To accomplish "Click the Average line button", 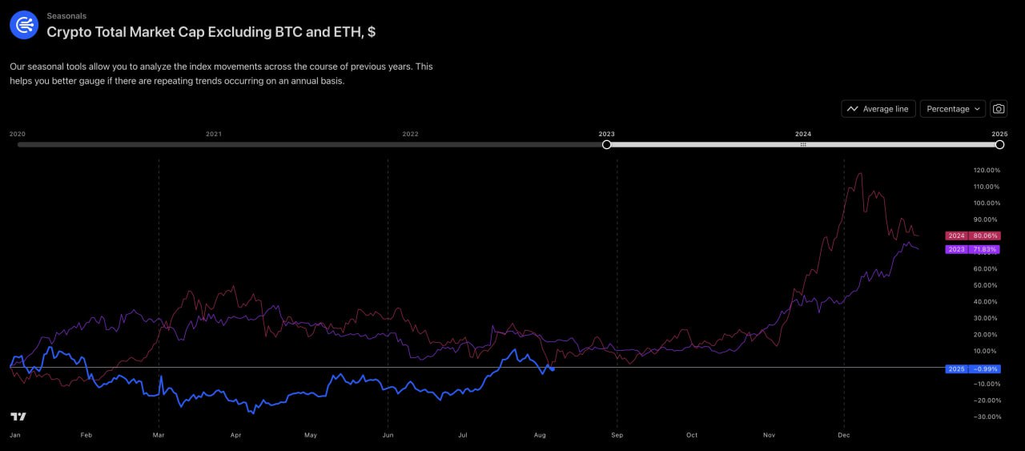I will (x=878, y=109).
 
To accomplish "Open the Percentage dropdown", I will (x=952, y=109).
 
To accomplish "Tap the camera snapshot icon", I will (x=998, y=109).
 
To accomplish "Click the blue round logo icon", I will (x=23, y=25).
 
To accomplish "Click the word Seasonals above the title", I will (x=66, y=16).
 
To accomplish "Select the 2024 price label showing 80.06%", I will (x=972, y=236).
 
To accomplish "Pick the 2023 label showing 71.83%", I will (x=972, y=249).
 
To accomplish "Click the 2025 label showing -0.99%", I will (x=972, y=368).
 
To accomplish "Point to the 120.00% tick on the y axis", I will (x=987, y=170).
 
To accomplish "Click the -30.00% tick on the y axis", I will (x=987, y=417).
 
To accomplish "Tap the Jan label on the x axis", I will (x=14, y=436).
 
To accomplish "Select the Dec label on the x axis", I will (x=842, y=436).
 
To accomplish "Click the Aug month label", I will (x=540, y=436).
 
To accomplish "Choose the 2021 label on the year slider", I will (x=213, y=134).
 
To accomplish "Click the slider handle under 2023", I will (x=606, y=144).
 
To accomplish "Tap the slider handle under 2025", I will (x=999, y=144).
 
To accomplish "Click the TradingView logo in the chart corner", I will (x=18, y=417).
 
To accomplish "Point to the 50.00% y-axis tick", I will (x=987, y=285).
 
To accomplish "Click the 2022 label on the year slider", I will (x=410, y=134).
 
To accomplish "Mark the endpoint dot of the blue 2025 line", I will (x=553, y=368).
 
